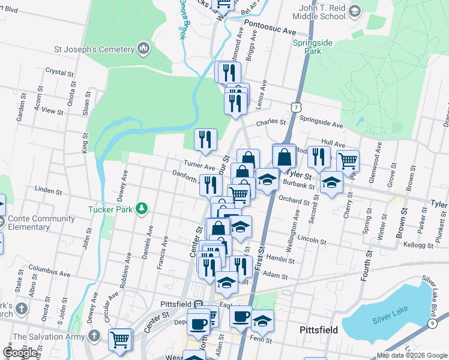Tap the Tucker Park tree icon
(x=142, y=208)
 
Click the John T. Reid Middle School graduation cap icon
(x=355, y=11)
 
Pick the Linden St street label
(x=49, y=191)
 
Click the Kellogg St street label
(x=419, y=245)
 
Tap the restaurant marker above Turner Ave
(x=205, y=139)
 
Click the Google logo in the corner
(x=20, y=353)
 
